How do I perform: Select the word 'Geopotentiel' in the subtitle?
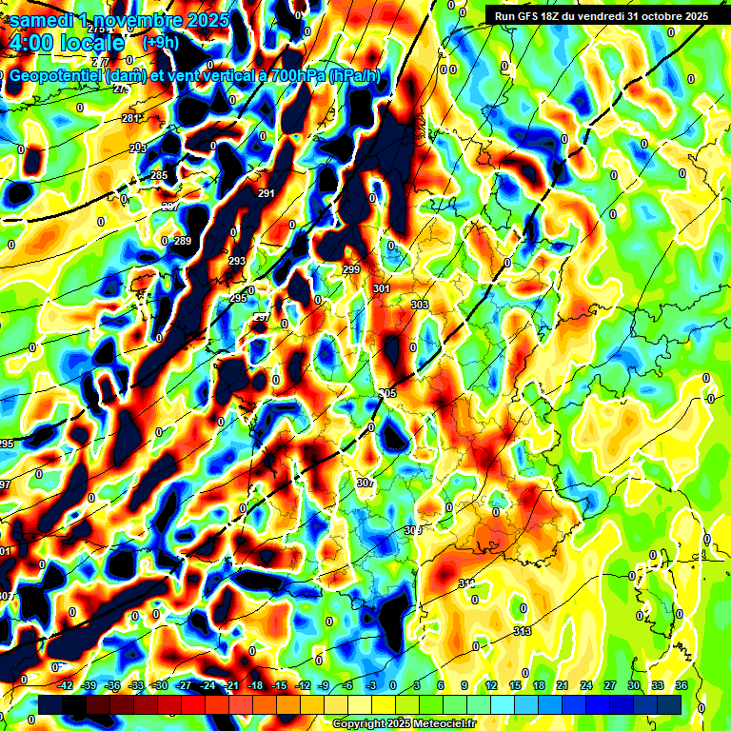point(57,77)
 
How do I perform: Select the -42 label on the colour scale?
point(66,685)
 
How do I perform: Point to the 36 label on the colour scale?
point(681,685)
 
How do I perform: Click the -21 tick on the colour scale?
point(231,685)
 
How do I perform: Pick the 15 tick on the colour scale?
point(515,685)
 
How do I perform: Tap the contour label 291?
point(267,194)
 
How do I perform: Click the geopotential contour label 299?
point(351,270)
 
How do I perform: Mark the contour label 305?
point(387,393)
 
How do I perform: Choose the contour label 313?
point(522,632)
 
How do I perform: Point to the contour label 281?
point(130,119)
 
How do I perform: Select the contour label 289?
point(183,241)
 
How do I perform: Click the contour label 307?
point(365,484)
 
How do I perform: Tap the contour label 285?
point(159,175)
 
